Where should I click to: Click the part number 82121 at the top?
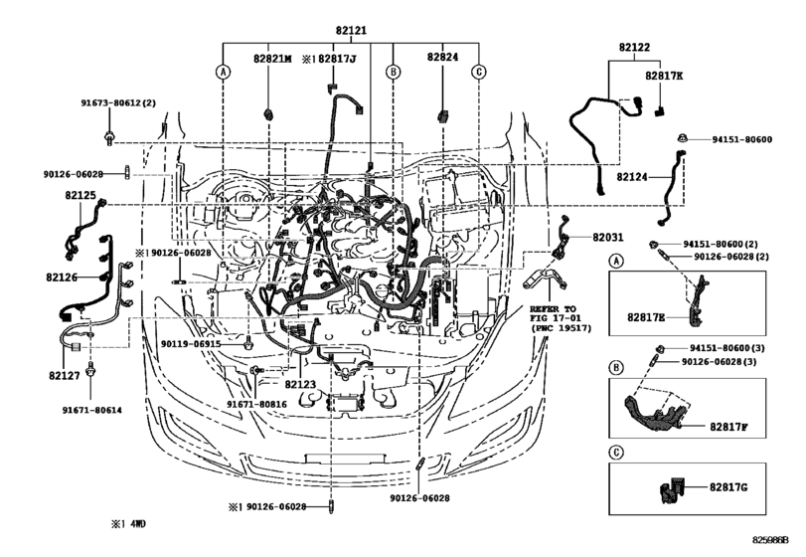pyautogui.click(x=351, y=31)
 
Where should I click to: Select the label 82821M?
pyautogui.click(x=272, y=59)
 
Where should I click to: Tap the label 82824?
pyautogui.click(x=442, y=57)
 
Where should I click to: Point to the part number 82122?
pyautogui.click(x=634, y=48)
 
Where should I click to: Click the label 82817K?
pyautogui.click(x=664, y=76)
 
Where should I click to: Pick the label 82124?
pyautogui.click(x=632, y=177)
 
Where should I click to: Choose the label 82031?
pyautogui.click(x=607, y=237)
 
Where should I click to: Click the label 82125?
pyautogui.click(x=81, y=195)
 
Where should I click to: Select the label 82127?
pyautogui.click(x=65, y=375)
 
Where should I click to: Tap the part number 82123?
pyautogui.click(x=300, y=384)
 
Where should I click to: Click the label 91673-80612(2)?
pyautogui.click(x=118, y=102)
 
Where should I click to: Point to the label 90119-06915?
pyautogui.click(x=191, y=343)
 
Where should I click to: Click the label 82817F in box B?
pyautogui.click(x=728, y=427)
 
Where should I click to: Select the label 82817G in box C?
pyautogui.click(x=728, y=486)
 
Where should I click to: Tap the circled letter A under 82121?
pyautogui.click(x=223, y=72)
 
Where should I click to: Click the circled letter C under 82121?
pyautogui.click(x=479, y=72)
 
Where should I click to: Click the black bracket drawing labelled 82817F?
pyautogui.click(x=652, y=413)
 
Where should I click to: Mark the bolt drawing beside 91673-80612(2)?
pyautogui.click(x=109, y=138)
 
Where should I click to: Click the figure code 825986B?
pyautogui.click(x=770, y=540)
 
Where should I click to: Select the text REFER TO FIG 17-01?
pyautogui.click(x=554, y=313)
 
